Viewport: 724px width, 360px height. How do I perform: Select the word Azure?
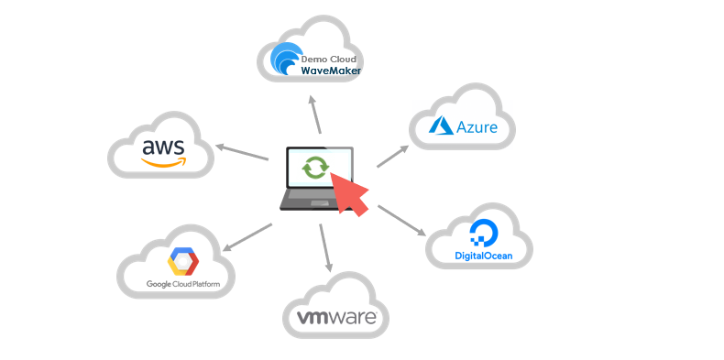477,127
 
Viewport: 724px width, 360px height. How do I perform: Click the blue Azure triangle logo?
442,126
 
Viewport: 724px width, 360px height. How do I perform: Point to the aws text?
163,146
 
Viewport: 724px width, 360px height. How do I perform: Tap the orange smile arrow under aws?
164,162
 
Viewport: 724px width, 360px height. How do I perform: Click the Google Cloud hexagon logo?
183,263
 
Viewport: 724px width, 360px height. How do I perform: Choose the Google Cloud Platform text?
183,284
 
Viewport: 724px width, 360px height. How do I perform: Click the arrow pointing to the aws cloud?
242,153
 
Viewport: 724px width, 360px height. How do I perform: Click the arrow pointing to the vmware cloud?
325,246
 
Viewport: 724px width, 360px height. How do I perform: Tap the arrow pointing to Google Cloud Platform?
247,235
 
